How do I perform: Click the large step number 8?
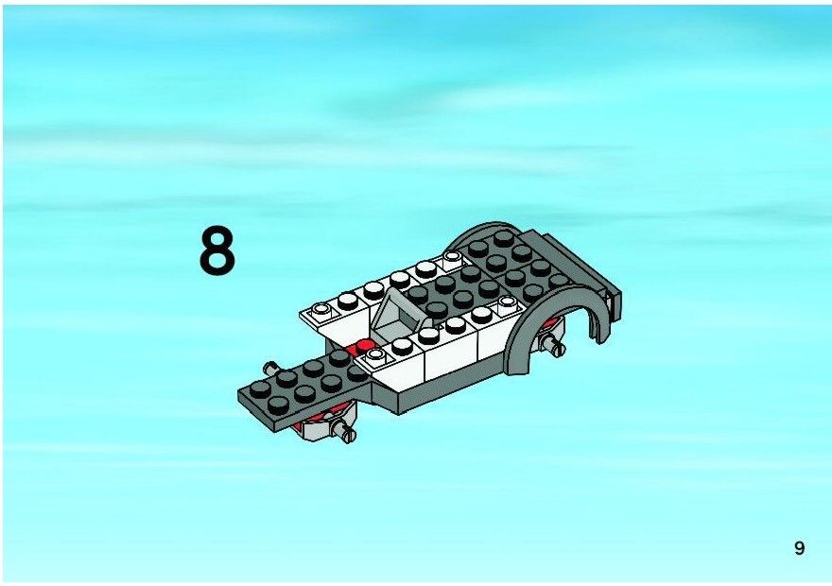click(x=217, y=250)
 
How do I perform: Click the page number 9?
click(x=799, y=548)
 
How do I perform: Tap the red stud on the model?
click(x=365, y=346)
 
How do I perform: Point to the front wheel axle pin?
click(x=344, y=429)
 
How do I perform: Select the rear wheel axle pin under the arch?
click(x=552, y=345)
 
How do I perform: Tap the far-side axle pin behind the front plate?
click(x=271, y=367)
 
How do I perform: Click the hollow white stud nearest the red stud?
click(x=375, y=354)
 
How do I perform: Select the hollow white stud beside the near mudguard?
click(x=508, y=302)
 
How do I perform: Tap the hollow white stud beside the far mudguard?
click(x=453, y=258)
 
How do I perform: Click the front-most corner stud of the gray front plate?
click(x=278, y=405)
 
